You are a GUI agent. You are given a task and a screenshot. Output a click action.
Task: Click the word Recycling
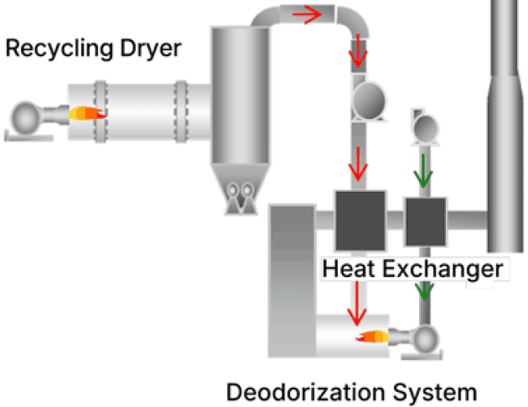pos(60,49)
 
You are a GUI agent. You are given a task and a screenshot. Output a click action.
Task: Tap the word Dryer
pos(151,49)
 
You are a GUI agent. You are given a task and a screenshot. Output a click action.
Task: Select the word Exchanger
pos(443,269)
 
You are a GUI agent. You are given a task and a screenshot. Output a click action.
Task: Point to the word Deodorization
pos(305,392)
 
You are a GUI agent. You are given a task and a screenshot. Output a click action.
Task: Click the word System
pos(435,393)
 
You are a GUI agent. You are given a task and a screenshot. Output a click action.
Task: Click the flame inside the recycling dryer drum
pos(87,113)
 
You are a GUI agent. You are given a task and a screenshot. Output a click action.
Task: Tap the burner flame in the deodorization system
pos(372,337)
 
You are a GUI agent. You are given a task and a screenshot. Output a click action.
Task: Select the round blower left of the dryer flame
pos(25,118)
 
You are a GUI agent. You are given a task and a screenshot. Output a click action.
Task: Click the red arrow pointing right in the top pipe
pos(307,14)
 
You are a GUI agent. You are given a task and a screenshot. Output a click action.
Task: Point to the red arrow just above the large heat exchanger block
pos(358,164)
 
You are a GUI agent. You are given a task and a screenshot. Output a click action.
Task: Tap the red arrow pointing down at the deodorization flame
pos(356,303)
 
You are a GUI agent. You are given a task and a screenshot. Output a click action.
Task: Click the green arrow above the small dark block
pos(423,171)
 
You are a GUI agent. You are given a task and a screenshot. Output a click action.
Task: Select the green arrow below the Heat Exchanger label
pos(425,291)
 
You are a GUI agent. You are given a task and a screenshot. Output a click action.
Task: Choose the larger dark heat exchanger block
pos(360,220)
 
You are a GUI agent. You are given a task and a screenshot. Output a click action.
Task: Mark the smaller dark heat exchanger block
pos(426,222)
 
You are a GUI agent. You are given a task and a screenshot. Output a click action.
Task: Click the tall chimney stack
pos(505,126)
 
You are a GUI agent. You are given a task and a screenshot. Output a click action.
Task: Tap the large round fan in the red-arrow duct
pos(369,100)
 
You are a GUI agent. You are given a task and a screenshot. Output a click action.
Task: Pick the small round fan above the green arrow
pos(425,128)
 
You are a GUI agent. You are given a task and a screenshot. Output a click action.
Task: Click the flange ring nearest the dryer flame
pos(101,111)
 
